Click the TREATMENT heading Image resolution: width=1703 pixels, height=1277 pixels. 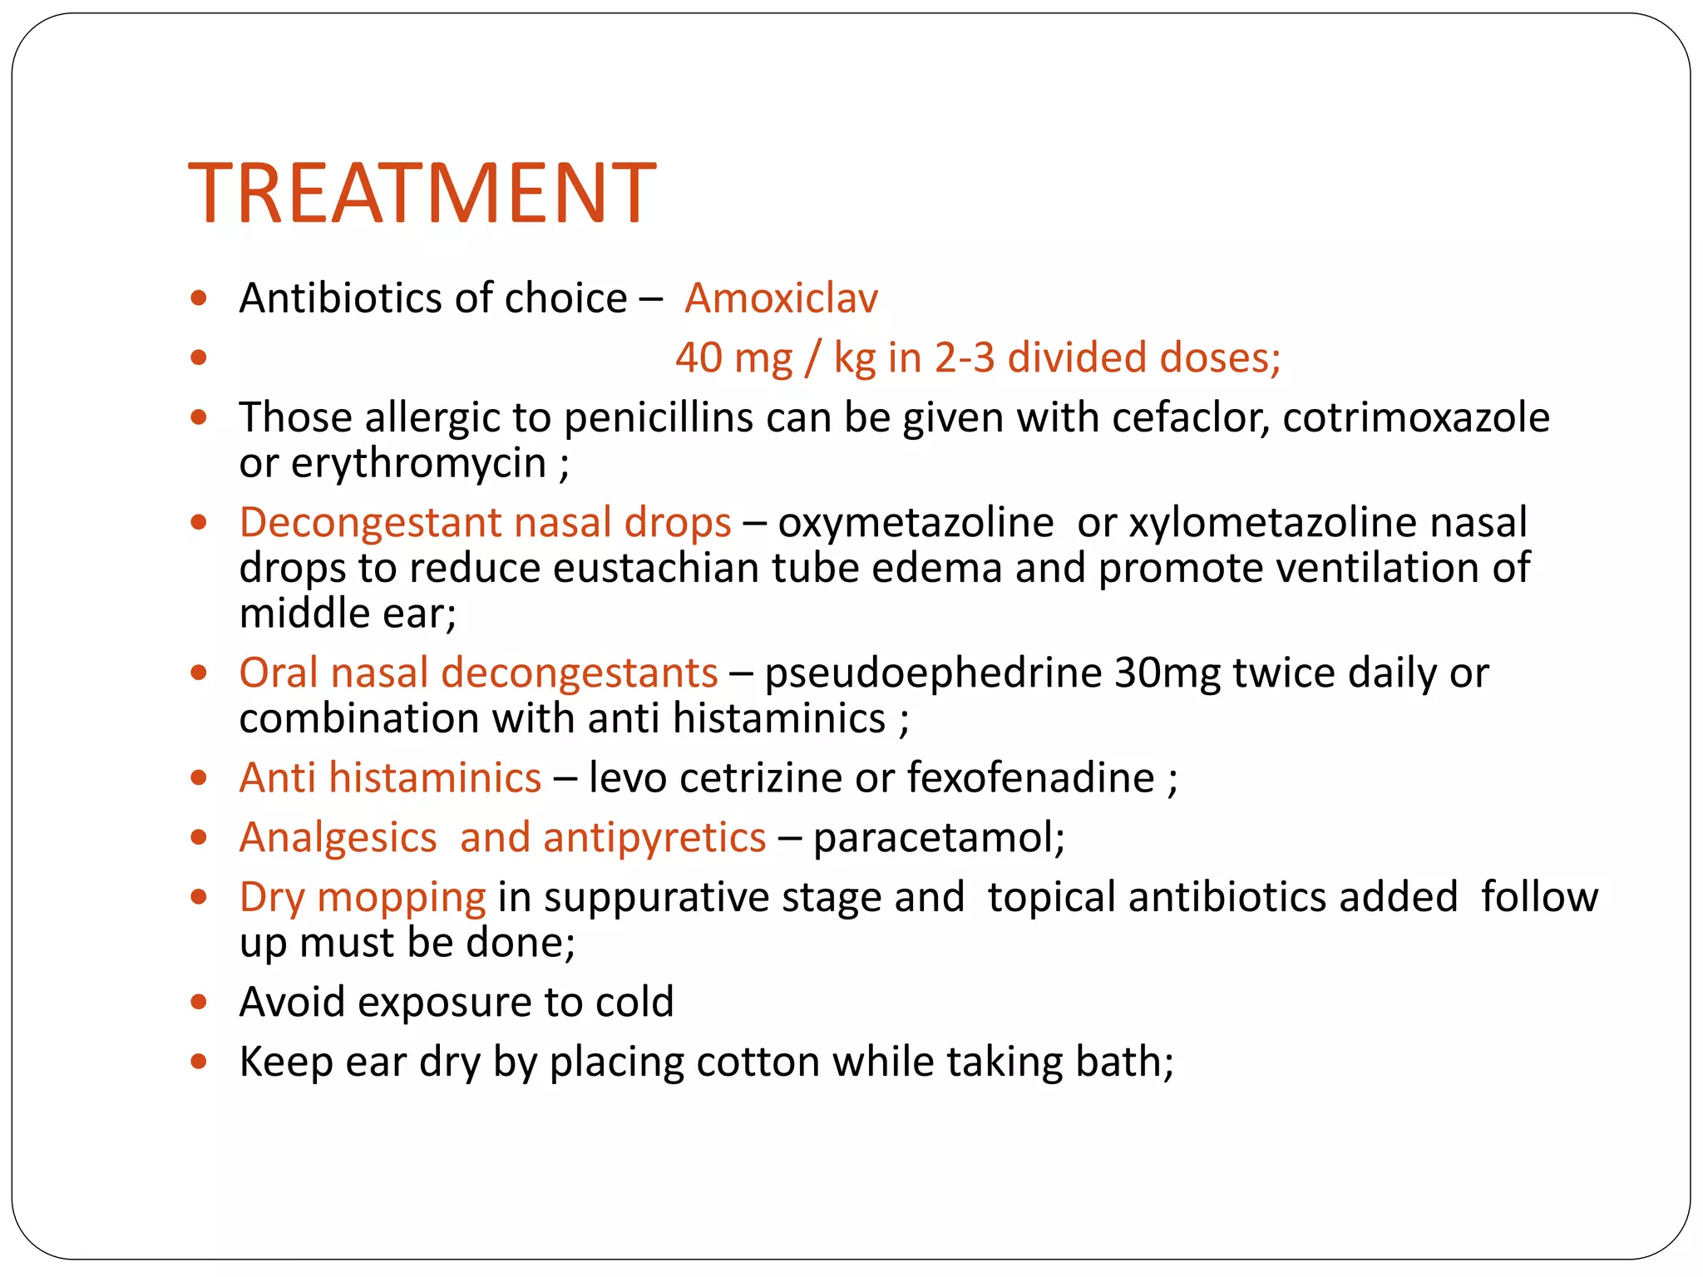click(x=422, y=193)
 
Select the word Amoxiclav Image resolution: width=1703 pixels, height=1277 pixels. click(x=781, y=298)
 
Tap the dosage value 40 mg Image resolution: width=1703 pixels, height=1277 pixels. click(x=733, y=357)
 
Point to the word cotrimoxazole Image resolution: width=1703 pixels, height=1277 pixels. click(x=1415, y=417)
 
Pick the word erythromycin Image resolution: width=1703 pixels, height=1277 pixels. click(x=417, y=463)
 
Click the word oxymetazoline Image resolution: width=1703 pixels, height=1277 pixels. click(x=916, y=522)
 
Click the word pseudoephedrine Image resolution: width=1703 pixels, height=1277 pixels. click(x=933, y=673)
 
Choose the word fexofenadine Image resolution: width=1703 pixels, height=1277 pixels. click(x=1030, y=778)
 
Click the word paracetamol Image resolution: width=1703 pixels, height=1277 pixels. click(x=938, y=837)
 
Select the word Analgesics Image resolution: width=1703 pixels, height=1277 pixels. click(x=338, y=837)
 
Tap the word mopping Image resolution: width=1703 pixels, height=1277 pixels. click(x=402, y=898)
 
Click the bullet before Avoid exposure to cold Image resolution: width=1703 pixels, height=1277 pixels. click(x=198, y=1003)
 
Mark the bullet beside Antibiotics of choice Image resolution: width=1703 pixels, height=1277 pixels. click(x=198, y=298)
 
